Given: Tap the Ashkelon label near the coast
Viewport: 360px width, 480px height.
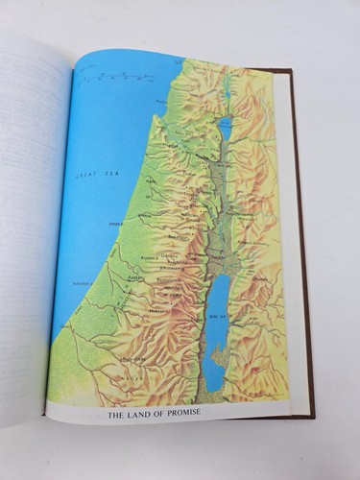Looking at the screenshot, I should click(x=80, y=284).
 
